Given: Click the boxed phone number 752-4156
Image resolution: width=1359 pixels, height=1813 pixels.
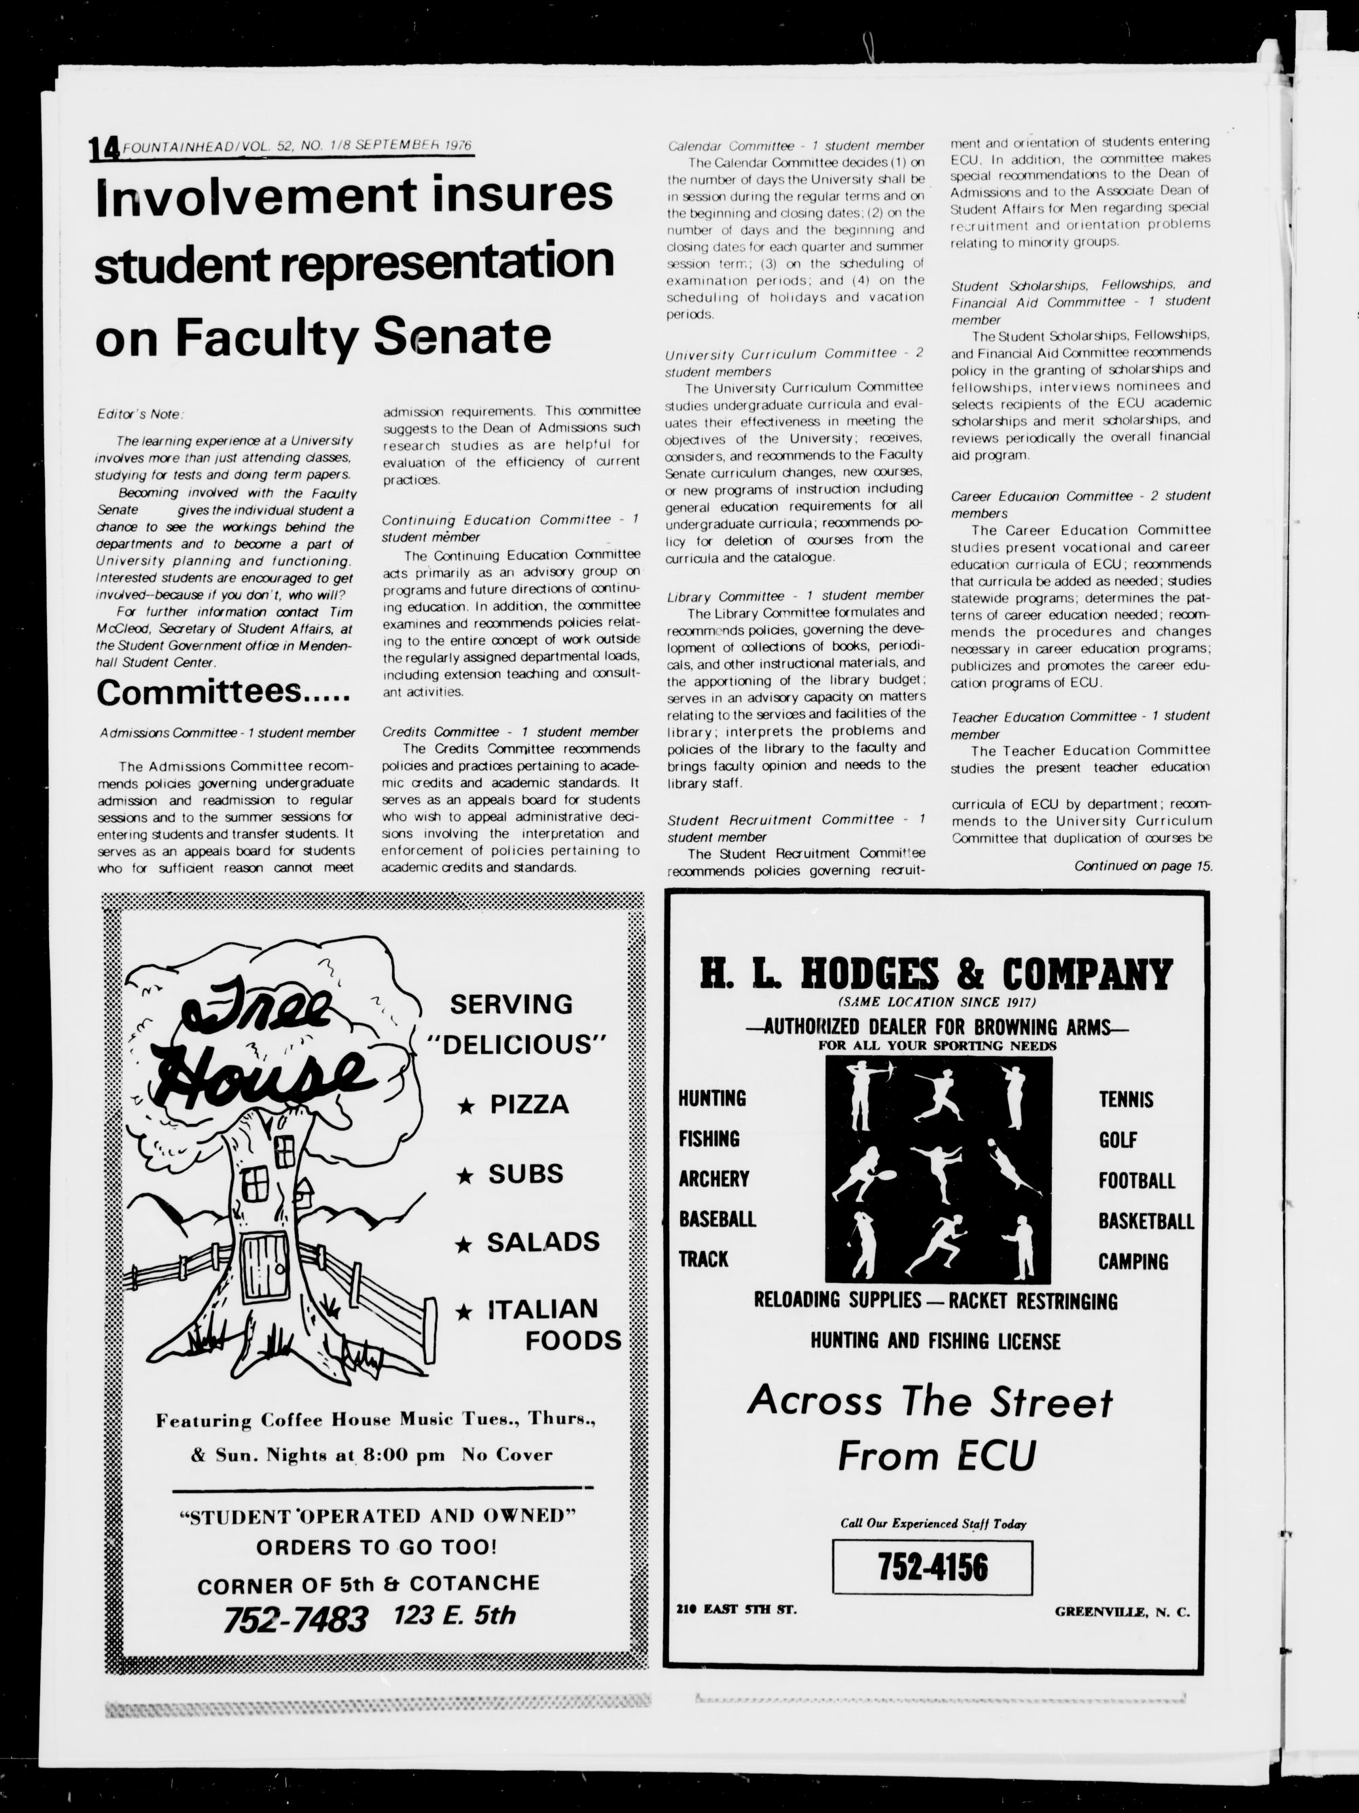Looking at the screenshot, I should (x=932, y=1566).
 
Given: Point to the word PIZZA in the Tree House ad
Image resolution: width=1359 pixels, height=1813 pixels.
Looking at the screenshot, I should (x=529, y=1104).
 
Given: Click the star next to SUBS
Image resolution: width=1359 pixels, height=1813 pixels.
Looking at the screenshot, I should (x=465, y=1176).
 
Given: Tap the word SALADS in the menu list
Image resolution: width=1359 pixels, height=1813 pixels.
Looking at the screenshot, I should (x=543, y=1242).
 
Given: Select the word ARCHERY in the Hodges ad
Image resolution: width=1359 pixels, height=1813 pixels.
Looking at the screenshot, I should (x=713, y=1178).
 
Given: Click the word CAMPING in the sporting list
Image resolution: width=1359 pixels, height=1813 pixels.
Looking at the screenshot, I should (x=1133, y=1261).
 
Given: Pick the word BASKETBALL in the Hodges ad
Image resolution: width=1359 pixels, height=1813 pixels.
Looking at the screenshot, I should (x=1145, y=1221).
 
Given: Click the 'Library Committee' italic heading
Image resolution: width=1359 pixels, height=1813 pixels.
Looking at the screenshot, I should (x=724, y=596).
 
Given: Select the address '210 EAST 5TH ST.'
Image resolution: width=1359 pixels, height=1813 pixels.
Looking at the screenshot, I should (x=736, y=1609).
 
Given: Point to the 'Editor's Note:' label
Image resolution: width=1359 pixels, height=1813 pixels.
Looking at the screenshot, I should (x=140, y=414).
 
